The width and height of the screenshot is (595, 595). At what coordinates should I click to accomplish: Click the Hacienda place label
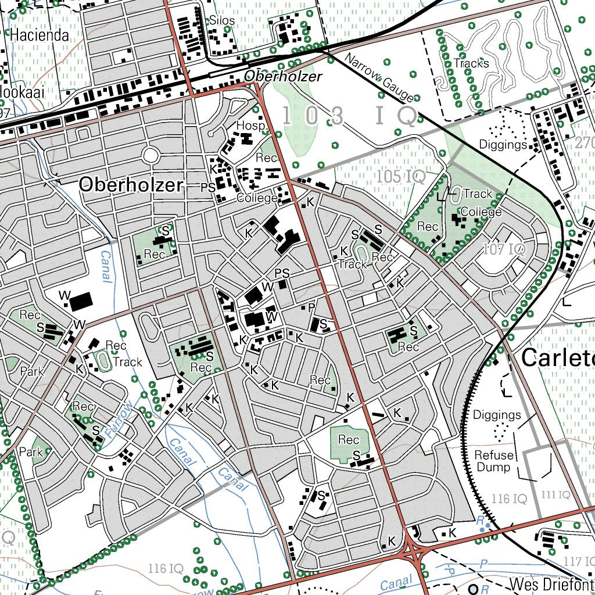click(39, 35)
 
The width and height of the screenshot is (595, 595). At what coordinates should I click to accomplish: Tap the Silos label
click(222, 21)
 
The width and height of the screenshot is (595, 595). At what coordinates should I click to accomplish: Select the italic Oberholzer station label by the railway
click(282, 77)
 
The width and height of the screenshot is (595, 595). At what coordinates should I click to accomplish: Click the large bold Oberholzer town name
click(131, 185)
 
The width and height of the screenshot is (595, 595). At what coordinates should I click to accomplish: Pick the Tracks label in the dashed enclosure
click(471, 63)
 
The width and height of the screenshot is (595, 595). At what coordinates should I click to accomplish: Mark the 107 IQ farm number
click(504, 250)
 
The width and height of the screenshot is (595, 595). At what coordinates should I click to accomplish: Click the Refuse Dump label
click(494, 461)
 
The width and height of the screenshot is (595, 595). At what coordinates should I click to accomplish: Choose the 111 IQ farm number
click(555, 494)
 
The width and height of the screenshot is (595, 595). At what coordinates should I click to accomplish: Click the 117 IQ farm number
click(579, 561)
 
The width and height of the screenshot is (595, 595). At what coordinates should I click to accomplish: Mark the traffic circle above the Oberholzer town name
click(150, 155)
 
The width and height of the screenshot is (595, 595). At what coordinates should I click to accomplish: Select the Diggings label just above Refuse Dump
click(497, 415)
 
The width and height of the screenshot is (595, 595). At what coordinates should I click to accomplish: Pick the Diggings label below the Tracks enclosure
click(503, 144)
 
